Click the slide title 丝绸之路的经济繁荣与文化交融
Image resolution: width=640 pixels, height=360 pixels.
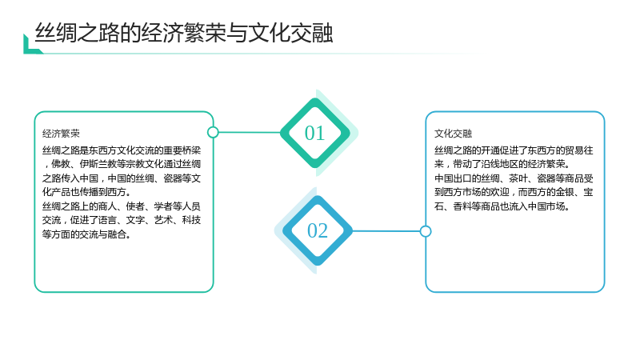point(184,33)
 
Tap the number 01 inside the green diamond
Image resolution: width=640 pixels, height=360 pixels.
point(314,133)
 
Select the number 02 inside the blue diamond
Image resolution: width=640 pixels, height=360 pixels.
point(317,231)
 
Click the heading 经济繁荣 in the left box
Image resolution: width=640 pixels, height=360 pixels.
point(62,134)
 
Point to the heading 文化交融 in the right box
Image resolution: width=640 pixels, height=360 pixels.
point(453,134)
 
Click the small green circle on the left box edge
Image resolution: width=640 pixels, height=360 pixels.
point(213,132)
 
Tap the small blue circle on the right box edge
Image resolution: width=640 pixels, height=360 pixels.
point(426,231)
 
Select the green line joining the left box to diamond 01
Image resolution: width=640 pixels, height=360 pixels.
point(250,132)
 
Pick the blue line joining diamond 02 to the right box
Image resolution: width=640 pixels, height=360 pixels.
point(386,231)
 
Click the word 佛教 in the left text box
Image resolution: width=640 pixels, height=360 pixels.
point(61,164)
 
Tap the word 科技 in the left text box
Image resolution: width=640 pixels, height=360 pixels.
point(191,221)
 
